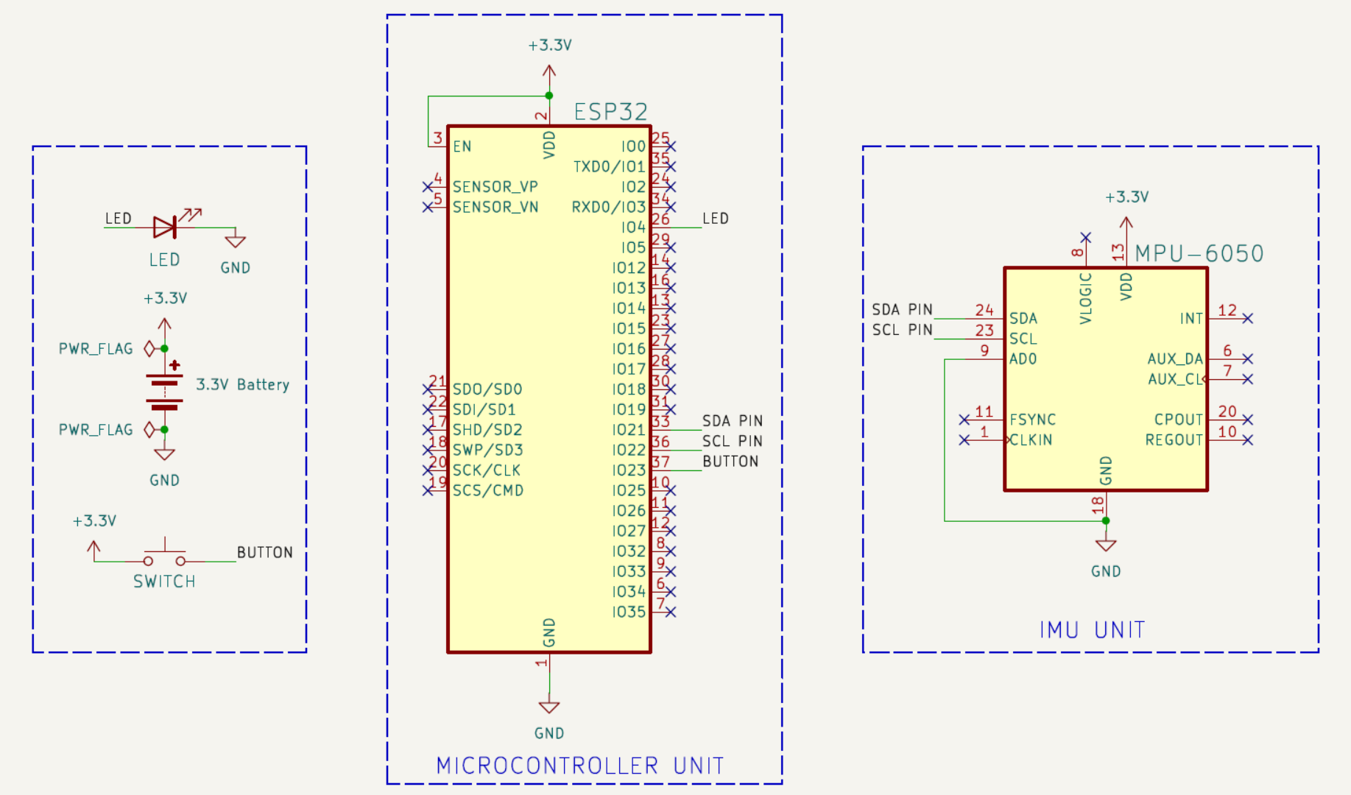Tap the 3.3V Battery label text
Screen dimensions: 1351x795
(242, 384)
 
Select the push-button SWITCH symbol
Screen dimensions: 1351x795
(164, 554)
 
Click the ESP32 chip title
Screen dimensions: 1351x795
(610, 112)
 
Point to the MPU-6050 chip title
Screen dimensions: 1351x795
(1199, 253)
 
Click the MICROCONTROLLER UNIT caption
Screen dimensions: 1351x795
(580, 766)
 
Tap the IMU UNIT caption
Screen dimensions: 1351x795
(1092, 630)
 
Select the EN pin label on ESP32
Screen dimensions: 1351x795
(462, 146)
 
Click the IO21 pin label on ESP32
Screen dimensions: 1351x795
(628, 430)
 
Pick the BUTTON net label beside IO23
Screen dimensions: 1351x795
(730, 462)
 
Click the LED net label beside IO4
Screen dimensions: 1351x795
(715, 219)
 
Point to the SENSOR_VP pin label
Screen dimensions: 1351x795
(495, 187)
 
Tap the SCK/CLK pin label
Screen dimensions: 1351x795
(486, 470)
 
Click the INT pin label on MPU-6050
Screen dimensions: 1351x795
(1191, 319)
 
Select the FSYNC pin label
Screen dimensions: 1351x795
(1032, 420)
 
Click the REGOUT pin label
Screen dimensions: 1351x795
(1174, 440)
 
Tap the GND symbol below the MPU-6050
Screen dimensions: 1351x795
(1106, 545)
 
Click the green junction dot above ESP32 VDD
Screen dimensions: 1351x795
(549, 96)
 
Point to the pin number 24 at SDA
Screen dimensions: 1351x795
(984, 310)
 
